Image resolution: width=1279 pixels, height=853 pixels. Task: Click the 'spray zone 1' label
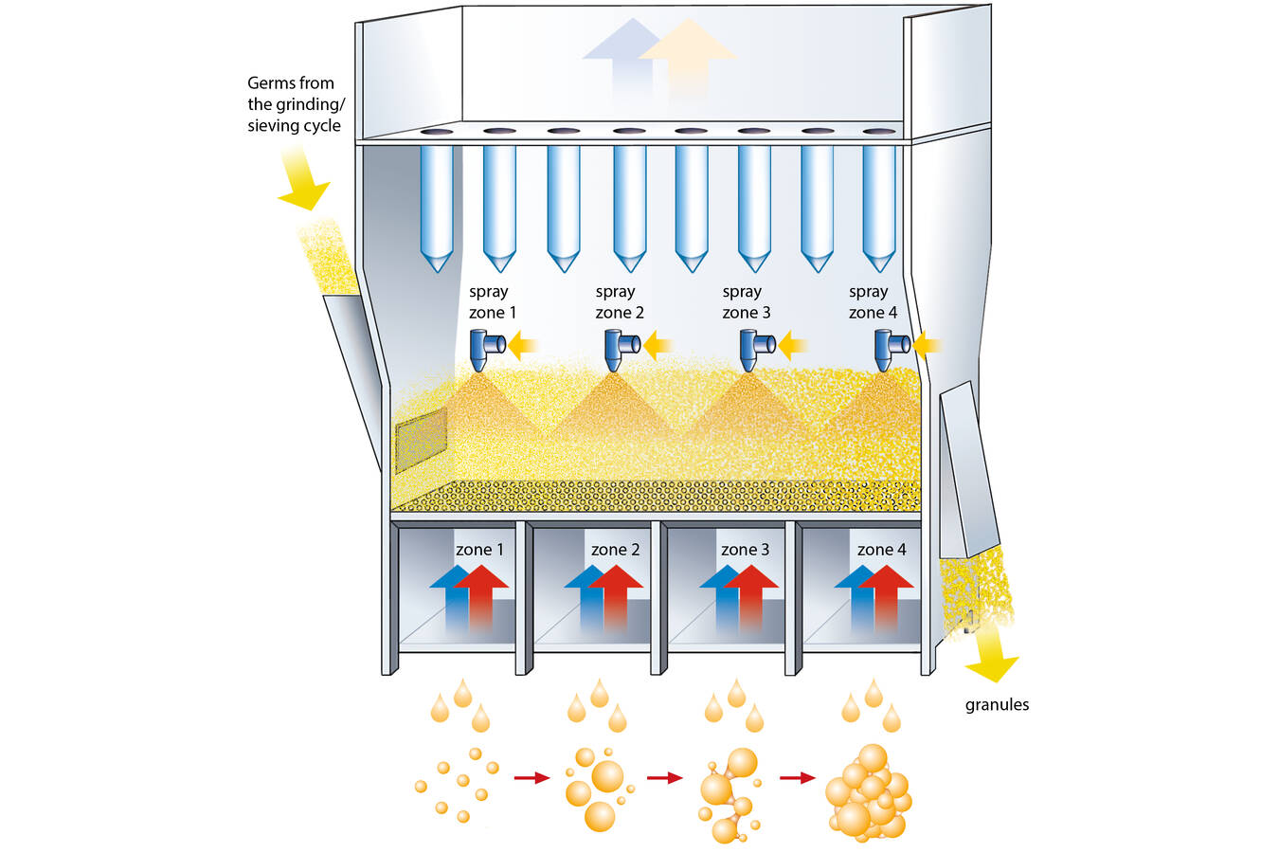(x=493, y=301)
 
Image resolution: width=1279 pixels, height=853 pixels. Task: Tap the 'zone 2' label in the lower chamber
(x=615, y=550)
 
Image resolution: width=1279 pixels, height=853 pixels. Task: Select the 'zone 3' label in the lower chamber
(x=745, y=550)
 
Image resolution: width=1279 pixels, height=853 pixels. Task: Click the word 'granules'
(x=997, y=704)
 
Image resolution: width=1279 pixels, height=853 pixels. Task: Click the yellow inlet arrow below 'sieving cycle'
(x=305, y=184)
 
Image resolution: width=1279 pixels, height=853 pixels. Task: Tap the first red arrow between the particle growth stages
(x=531, y=778)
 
